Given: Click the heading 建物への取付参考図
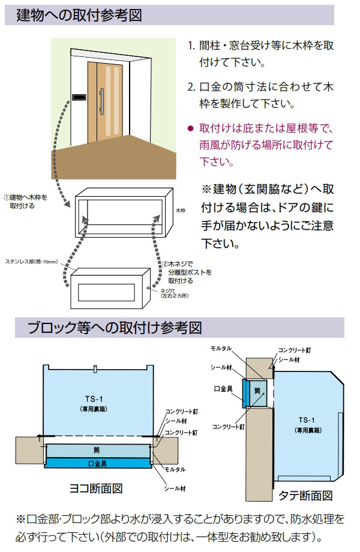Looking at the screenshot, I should click(79, 16).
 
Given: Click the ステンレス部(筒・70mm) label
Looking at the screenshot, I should click(31, 262).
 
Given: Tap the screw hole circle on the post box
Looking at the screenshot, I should click(148, 287).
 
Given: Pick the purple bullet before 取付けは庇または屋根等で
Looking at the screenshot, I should click(190, 128).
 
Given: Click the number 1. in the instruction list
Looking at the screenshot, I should click(191, 46).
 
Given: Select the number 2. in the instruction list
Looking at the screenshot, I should click(191, 87).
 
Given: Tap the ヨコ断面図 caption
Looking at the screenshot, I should click(98, 488).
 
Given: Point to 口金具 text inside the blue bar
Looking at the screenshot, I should click(97, 463).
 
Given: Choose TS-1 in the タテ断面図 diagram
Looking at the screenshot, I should click(307, 419).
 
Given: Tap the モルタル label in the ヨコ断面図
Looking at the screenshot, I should click(175, 469).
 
